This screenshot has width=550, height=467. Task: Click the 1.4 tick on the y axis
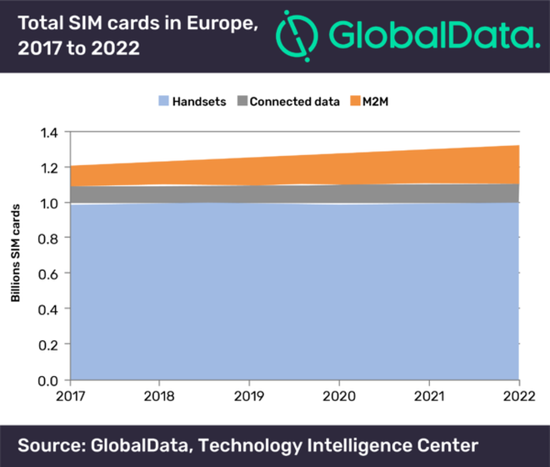coord(49,133)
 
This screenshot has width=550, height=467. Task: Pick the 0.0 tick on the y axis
coord(49,381)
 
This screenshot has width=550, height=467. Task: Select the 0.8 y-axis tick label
coord(49,239)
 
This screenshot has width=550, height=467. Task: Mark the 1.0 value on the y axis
coord(49,203)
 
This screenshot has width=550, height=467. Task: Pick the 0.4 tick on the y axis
coord(49,310)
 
